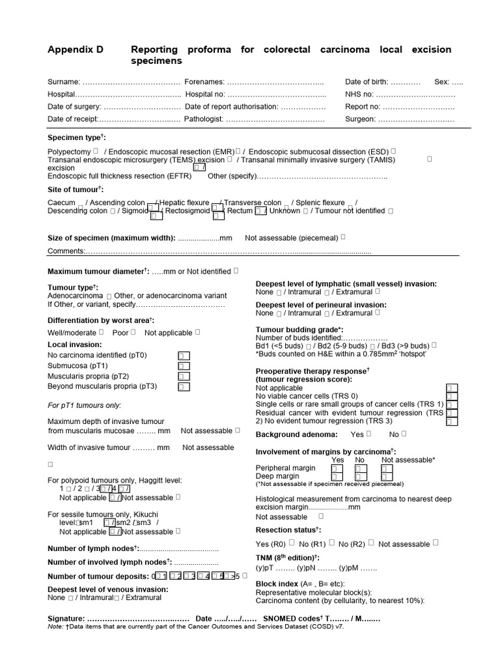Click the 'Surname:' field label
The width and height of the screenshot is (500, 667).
coord(64,82)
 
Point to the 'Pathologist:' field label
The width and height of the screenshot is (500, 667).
coord(204,119)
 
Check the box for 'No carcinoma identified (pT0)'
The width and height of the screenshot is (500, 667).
coord(184,356)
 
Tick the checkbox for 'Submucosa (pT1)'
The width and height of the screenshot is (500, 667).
coord(184,366)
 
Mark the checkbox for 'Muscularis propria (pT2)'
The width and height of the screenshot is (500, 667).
coord(184,376)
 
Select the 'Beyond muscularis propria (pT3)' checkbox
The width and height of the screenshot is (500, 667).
coord(184,387)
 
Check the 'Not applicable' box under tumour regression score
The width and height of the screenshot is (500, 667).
coord(451,388)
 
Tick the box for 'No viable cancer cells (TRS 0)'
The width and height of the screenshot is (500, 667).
coord(451,397)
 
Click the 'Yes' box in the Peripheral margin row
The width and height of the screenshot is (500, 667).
coord(336,468)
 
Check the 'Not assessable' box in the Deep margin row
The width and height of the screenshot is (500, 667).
coord(385,477)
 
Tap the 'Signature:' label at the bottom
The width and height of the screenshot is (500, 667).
coord(66,618)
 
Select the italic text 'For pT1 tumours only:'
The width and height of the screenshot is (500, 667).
coord(85,405)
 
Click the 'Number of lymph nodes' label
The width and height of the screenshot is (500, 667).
coord(92,548)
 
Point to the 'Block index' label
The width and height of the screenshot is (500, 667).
coord(277,584)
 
